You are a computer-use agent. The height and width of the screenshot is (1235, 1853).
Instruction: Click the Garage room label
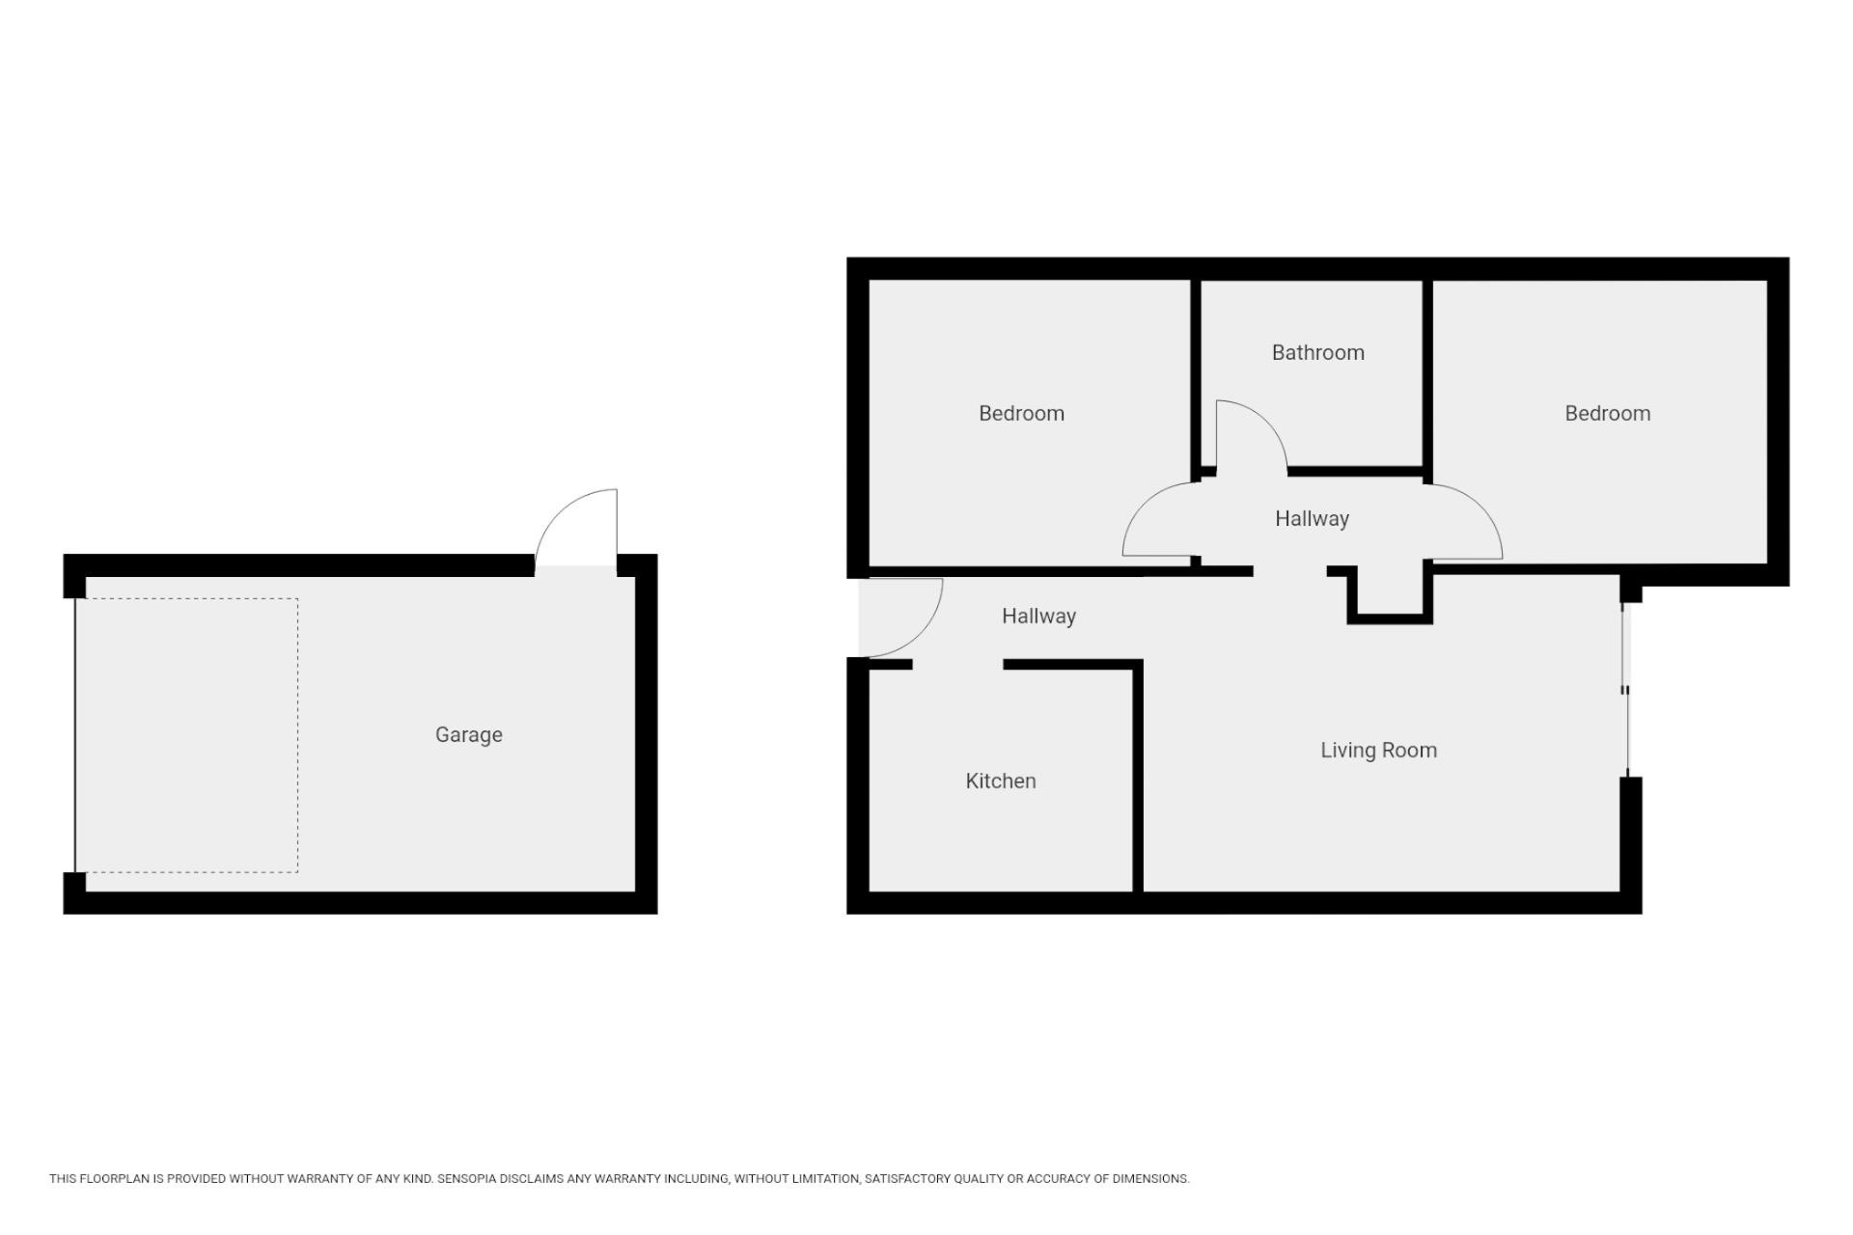[x=469, y=735]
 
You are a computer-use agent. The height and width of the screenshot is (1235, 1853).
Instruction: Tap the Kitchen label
[x=1001, y=781]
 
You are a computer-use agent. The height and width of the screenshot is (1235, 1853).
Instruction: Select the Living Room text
[x=1378, y=751]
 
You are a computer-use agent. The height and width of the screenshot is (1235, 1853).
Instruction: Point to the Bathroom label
[x=1318, y=353]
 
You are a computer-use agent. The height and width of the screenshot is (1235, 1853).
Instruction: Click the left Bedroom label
[x=1021, y=413]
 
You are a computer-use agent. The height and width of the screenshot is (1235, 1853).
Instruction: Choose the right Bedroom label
[x=1607, y=413]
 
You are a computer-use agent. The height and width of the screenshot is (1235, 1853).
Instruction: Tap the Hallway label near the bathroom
[x=1312, y=519]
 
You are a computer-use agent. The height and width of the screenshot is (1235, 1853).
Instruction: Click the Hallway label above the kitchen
[x=1038, y=617]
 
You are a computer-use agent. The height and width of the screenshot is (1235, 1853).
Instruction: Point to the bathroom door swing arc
[x=1267, y=423]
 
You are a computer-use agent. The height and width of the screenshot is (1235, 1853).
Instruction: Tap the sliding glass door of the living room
[x=1625, y=690]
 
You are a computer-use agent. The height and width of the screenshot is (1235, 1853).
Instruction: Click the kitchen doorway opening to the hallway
[x=957, y=665]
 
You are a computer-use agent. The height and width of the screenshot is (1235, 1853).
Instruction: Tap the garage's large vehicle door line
[x=75, y=735]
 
